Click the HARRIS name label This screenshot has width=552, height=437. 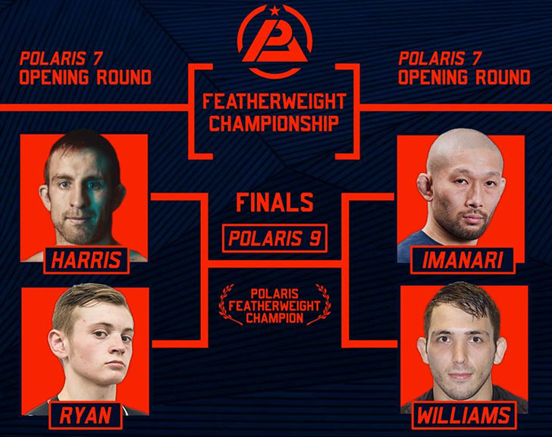pos(86,260)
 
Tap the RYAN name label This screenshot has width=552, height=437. pos(86,416)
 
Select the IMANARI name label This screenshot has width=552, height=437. pos(463,260)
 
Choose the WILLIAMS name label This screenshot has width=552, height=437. pos(464,416)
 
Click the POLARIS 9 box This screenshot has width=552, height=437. pos(274,238)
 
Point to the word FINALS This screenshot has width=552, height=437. pos(274,203)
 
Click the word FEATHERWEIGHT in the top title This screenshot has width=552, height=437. pos(274,102)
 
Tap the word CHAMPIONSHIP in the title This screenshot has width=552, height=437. pos(274,123)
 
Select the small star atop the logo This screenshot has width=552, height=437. pos(274,11)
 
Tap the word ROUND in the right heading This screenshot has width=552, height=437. pos(503,77)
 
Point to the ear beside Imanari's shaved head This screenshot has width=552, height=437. pos(424,187)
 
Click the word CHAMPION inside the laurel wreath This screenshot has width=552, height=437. pos(274,319)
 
